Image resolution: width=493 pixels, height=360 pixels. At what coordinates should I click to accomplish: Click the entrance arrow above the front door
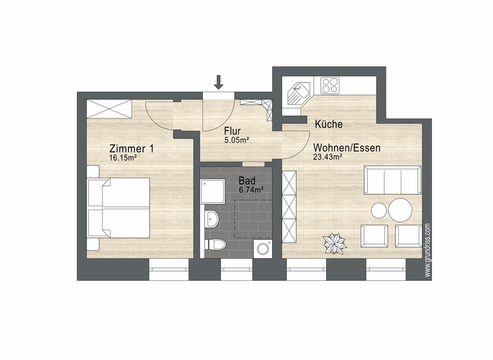click(x=219, y=82)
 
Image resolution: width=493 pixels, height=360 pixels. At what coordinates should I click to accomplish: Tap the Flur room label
click(x=232, y=131)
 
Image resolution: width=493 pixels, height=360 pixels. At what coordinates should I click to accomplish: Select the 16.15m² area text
click(x=123, y=158)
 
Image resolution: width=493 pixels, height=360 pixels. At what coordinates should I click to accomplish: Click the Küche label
click(x=329, y=124)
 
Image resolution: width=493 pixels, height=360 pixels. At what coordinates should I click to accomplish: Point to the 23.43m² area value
click(x=328, y=157)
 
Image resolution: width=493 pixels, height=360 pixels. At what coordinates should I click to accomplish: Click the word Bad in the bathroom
click(x=247, y=180)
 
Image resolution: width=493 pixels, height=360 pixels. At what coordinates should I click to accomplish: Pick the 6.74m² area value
click(x=251, y=189)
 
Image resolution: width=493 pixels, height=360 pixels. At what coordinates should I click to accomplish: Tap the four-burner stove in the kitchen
click(x=330, y=85)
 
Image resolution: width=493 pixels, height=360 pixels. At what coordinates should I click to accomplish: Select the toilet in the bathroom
click(x=215, y=245)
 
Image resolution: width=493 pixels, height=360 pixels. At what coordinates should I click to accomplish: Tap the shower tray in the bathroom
click(x=213, y=191)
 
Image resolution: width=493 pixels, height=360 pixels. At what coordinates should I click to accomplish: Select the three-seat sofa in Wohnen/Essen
click(x=392, y=180)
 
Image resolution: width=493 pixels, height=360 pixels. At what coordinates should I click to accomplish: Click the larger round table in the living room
click(x=400, y=210)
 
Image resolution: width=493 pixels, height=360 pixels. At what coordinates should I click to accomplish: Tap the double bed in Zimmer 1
click(x=118, y=208)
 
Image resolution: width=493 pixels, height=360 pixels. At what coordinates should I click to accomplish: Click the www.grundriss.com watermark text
click(x=427, y=251)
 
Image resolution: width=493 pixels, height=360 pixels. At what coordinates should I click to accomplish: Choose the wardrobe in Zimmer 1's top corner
click(x=109, y=108)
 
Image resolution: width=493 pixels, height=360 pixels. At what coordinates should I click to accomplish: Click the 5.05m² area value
click(x=236, y=140)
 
